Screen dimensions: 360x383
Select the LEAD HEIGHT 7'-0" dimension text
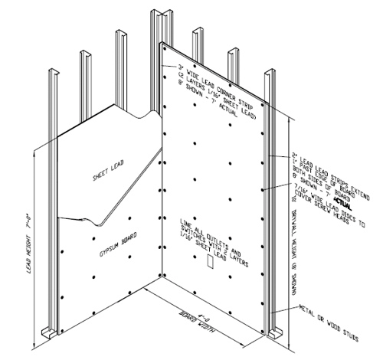tap(28, 244)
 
